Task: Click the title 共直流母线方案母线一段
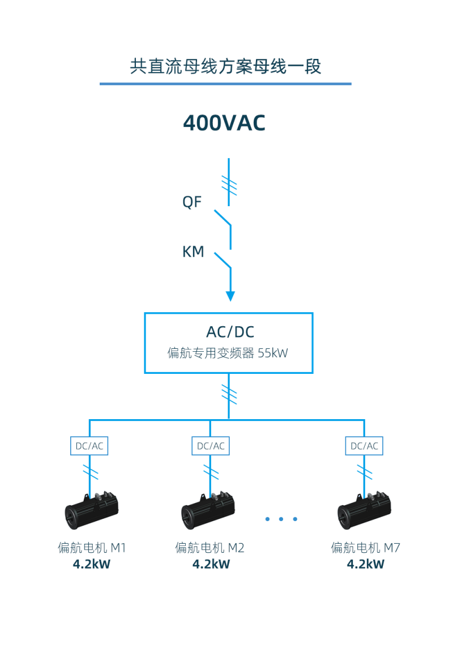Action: (225, 66)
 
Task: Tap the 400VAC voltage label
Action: (224, 123)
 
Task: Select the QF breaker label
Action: (192, 202)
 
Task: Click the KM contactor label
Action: (193, 251)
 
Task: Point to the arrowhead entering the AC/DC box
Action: (230, 296)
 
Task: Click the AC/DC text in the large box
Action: (228, 332)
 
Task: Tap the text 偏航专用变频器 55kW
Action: (228, 353)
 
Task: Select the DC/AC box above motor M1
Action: (89, 446)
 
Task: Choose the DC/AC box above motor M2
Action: (211, 446)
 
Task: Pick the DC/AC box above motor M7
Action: (364, 446)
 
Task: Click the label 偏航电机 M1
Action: (91, 548)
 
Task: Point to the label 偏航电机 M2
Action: (210, 548)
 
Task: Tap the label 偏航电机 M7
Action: (365, 548)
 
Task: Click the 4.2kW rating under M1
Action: (91, 564)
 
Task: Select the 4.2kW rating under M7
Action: (365, 564)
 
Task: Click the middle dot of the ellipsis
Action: (281, 519)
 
